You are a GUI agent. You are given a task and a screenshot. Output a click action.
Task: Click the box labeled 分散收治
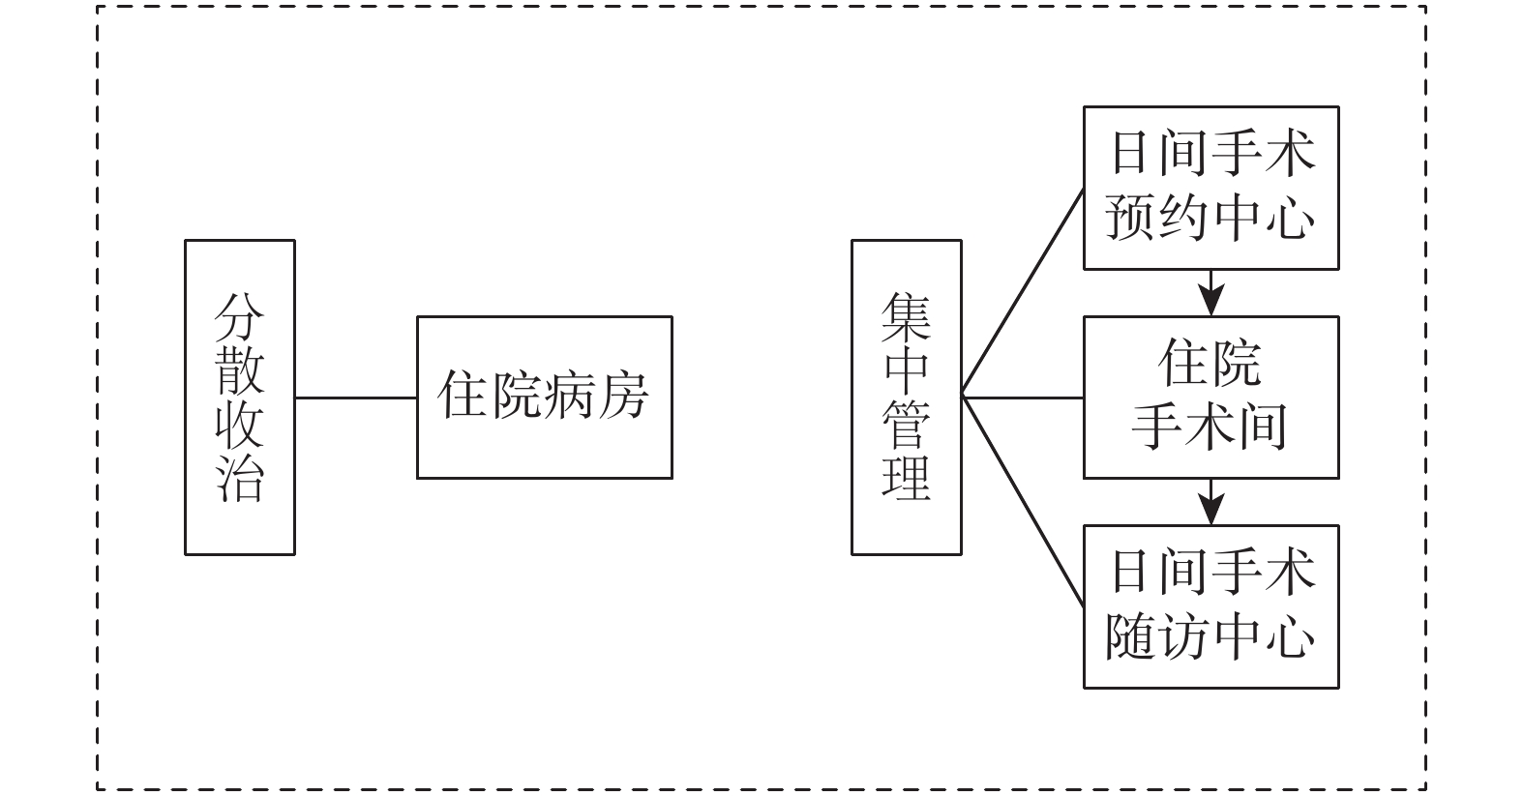click(239, 397)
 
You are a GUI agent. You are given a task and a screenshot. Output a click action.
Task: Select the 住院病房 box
click(544, 397)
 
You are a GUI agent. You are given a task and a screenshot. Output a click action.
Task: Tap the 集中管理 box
click(906, 397)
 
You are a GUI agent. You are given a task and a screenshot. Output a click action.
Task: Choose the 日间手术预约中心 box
click(1210, 188)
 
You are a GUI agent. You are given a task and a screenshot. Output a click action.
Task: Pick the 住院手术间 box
click(1210, 397)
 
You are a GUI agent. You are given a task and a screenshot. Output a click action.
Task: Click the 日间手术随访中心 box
click(1210, 606)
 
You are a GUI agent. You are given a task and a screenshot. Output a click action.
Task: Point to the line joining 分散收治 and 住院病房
click(355, 398)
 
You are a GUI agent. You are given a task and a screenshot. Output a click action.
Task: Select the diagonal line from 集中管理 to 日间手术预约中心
click(1023, 292)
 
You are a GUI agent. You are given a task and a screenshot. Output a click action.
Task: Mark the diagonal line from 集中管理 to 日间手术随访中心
click(1023, 502)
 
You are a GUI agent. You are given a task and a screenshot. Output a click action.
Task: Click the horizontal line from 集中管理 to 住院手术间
click(1023, 398)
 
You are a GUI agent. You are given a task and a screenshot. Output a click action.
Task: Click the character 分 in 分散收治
click(239, 317)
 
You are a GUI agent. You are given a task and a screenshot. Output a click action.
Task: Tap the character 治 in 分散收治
click(239, 476)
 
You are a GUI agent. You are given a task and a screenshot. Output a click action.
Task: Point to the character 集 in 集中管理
click(906, 317)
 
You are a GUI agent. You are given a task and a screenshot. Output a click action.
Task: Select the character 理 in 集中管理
click(906, 476)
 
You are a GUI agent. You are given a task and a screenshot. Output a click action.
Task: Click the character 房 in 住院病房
click(622, 396)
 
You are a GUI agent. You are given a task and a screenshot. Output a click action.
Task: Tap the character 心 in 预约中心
click(1290, 219)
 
